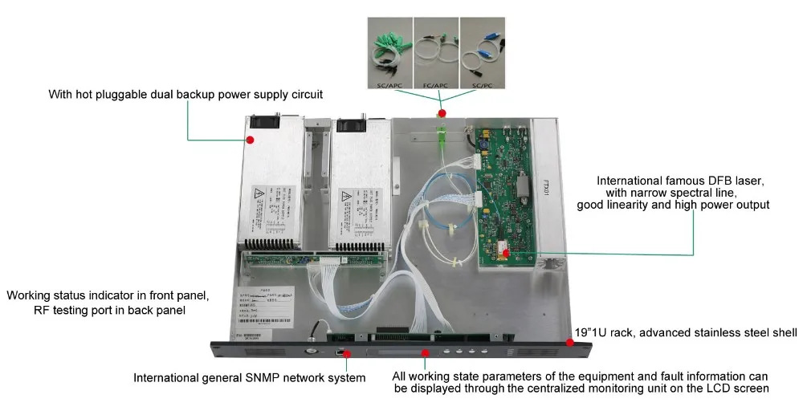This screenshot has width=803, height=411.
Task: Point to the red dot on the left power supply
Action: (250, 140)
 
